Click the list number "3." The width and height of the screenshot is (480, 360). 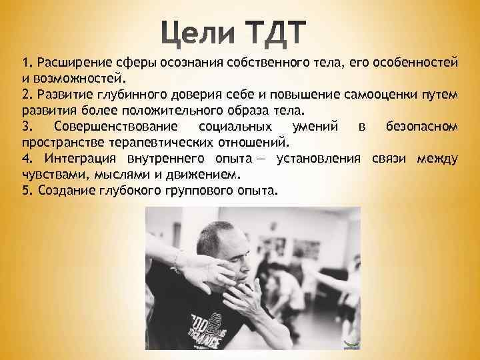27,127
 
